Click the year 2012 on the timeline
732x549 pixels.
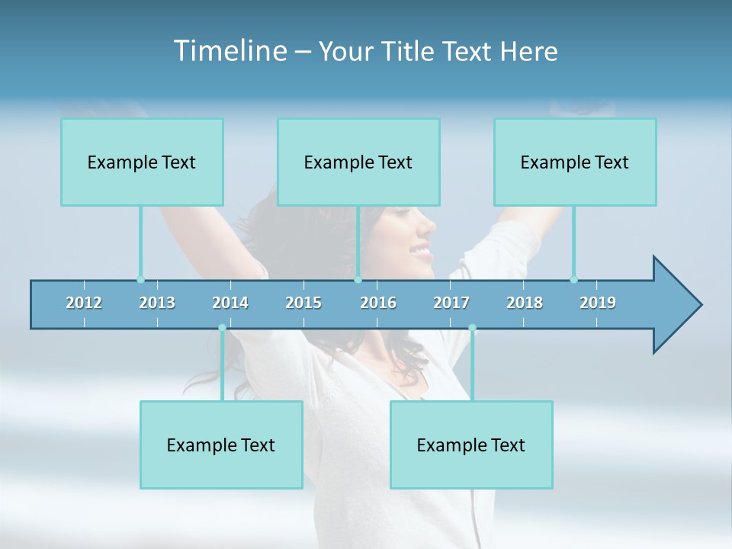click(x=84, y=303)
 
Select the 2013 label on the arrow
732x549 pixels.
click(x=157, y=303)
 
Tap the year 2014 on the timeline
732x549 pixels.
click(x=230, y=303)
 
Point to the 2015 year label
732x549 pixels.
click(x=303, y=303)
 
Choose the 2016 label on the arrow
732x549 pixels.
click(x=378, y=303)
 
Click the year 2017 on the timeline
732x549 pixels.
click(x=451, y=303)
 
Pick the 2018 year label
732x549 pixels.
click(x=525, y=303)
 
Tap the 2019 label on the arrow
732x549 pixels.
click(x=598, y=303)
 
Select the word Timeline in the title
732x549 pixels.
click(x=229, y=51)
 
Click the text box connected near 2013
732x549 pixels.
click(x=142, y=162)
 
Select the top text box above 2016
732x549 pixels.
click(x=358, y=162)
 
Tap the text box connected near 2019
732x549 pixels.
click(x=575, y=162)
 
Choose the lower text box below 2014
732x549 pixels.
click(x=221, y=445)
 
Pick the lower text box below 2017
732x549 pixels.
click(x=471, y=445)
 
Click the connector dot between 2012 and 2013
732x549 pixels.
click(x=140, y=279)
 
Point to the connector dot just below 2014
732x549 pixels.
click(x=222, y=328)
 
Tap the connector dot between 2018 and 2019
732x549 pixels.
click(x=573, y=279)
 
